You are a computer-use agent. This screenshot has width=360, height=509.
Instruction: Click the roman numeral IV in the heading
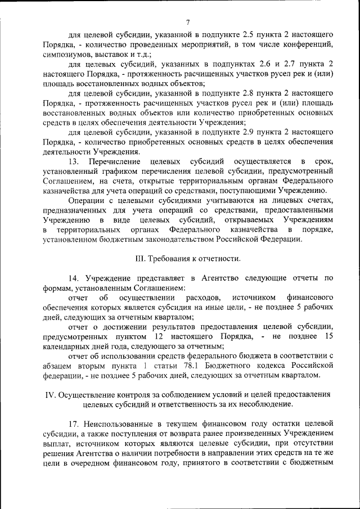tap(49, 394)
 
